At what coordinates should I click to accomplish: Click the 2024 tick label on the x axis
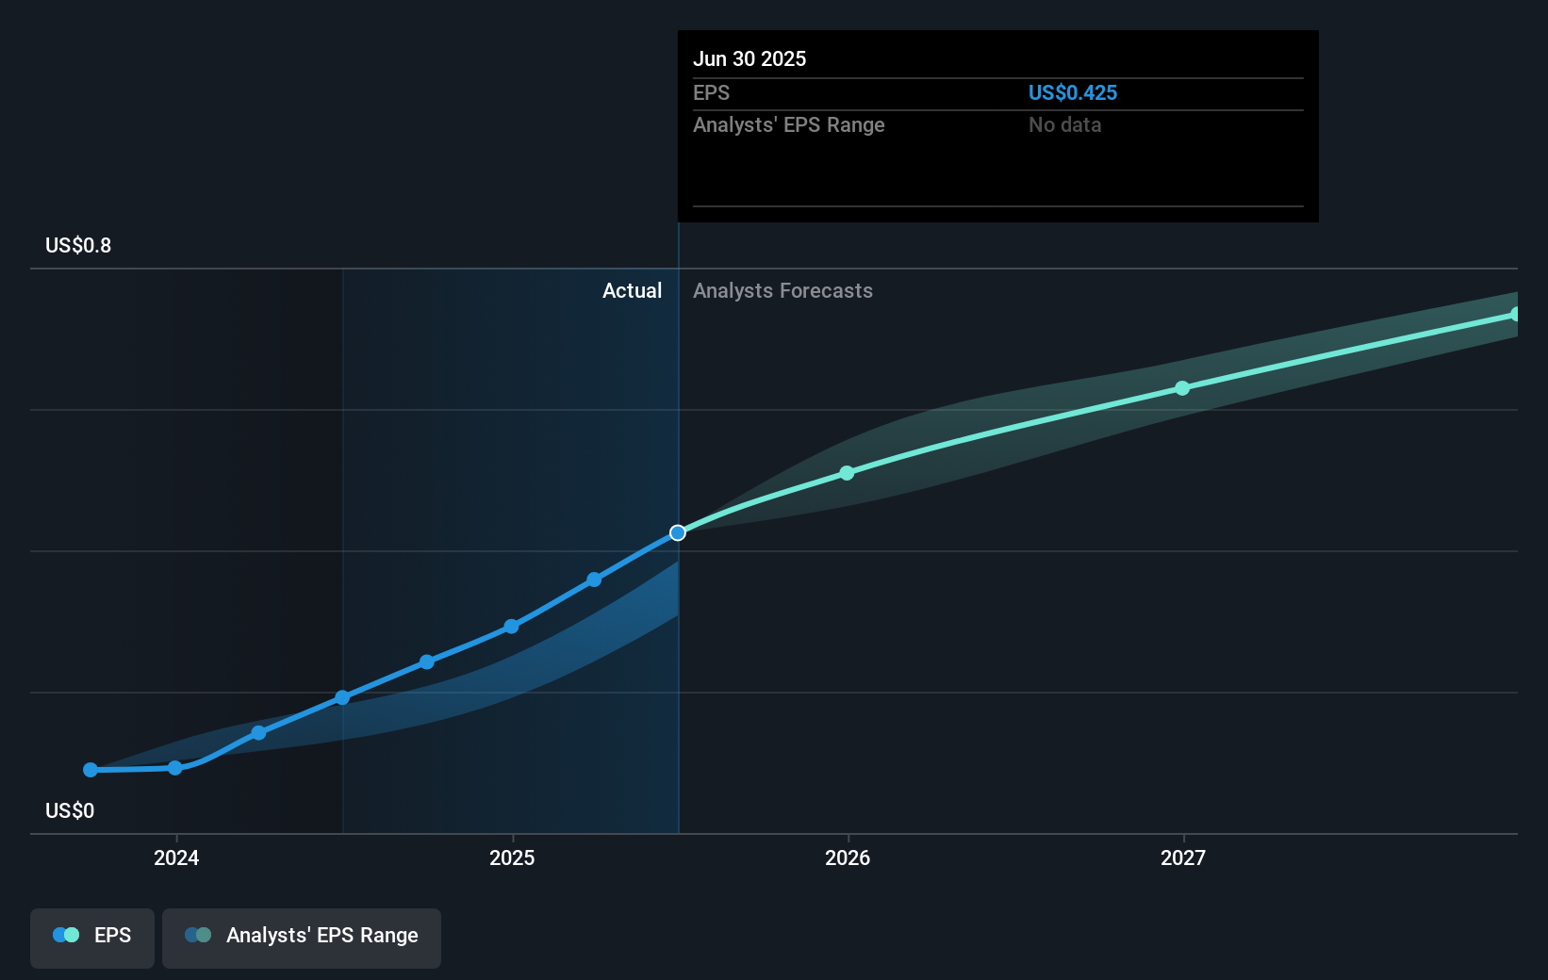pos(176,857)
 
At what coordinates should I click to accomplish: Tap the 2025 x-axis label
pos(512,857)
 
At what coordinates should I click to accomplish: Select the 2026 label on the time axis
pos(848,857)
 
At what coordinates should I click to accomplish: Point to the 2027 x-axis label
pos(1183,857)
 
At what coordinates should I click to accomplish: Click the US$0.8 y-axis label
pos(78,246)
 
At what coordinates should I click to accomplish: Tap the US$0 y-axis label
pos(70,811)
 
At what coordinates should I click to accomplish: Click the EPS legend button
pos(92,936)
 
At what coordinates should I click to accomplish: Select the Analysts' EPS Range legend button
pos(302,936)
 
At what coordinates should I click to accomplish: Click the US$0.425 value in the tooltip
pos(1072,93)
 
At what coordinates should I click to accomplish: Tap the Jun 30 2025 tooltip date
pos(749,59)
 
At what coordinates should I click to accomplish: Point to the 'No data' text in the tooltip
pos(1064,125)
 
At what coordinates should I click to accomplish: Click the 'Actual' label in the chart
pos(632,291)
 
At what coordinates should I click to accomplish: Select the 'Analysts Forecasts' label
pos(782,291)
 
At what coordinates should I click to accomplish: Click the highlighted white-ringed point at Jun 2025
pos(678,533)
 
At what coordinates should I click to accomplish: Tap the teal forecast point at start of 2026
pos(847,473)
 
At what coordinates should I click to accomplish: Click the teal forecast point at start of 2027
pos(1182,388)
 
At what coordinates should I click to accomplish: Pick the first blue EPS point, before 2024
pos(91,770)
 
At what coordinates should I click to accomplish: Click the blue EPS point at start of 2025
pos(511,627)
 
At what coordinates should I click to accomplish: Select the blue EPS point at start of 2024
pos(175,768)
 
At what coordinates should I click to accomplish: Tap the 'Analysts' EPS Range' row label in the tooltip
pos(788,125)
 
